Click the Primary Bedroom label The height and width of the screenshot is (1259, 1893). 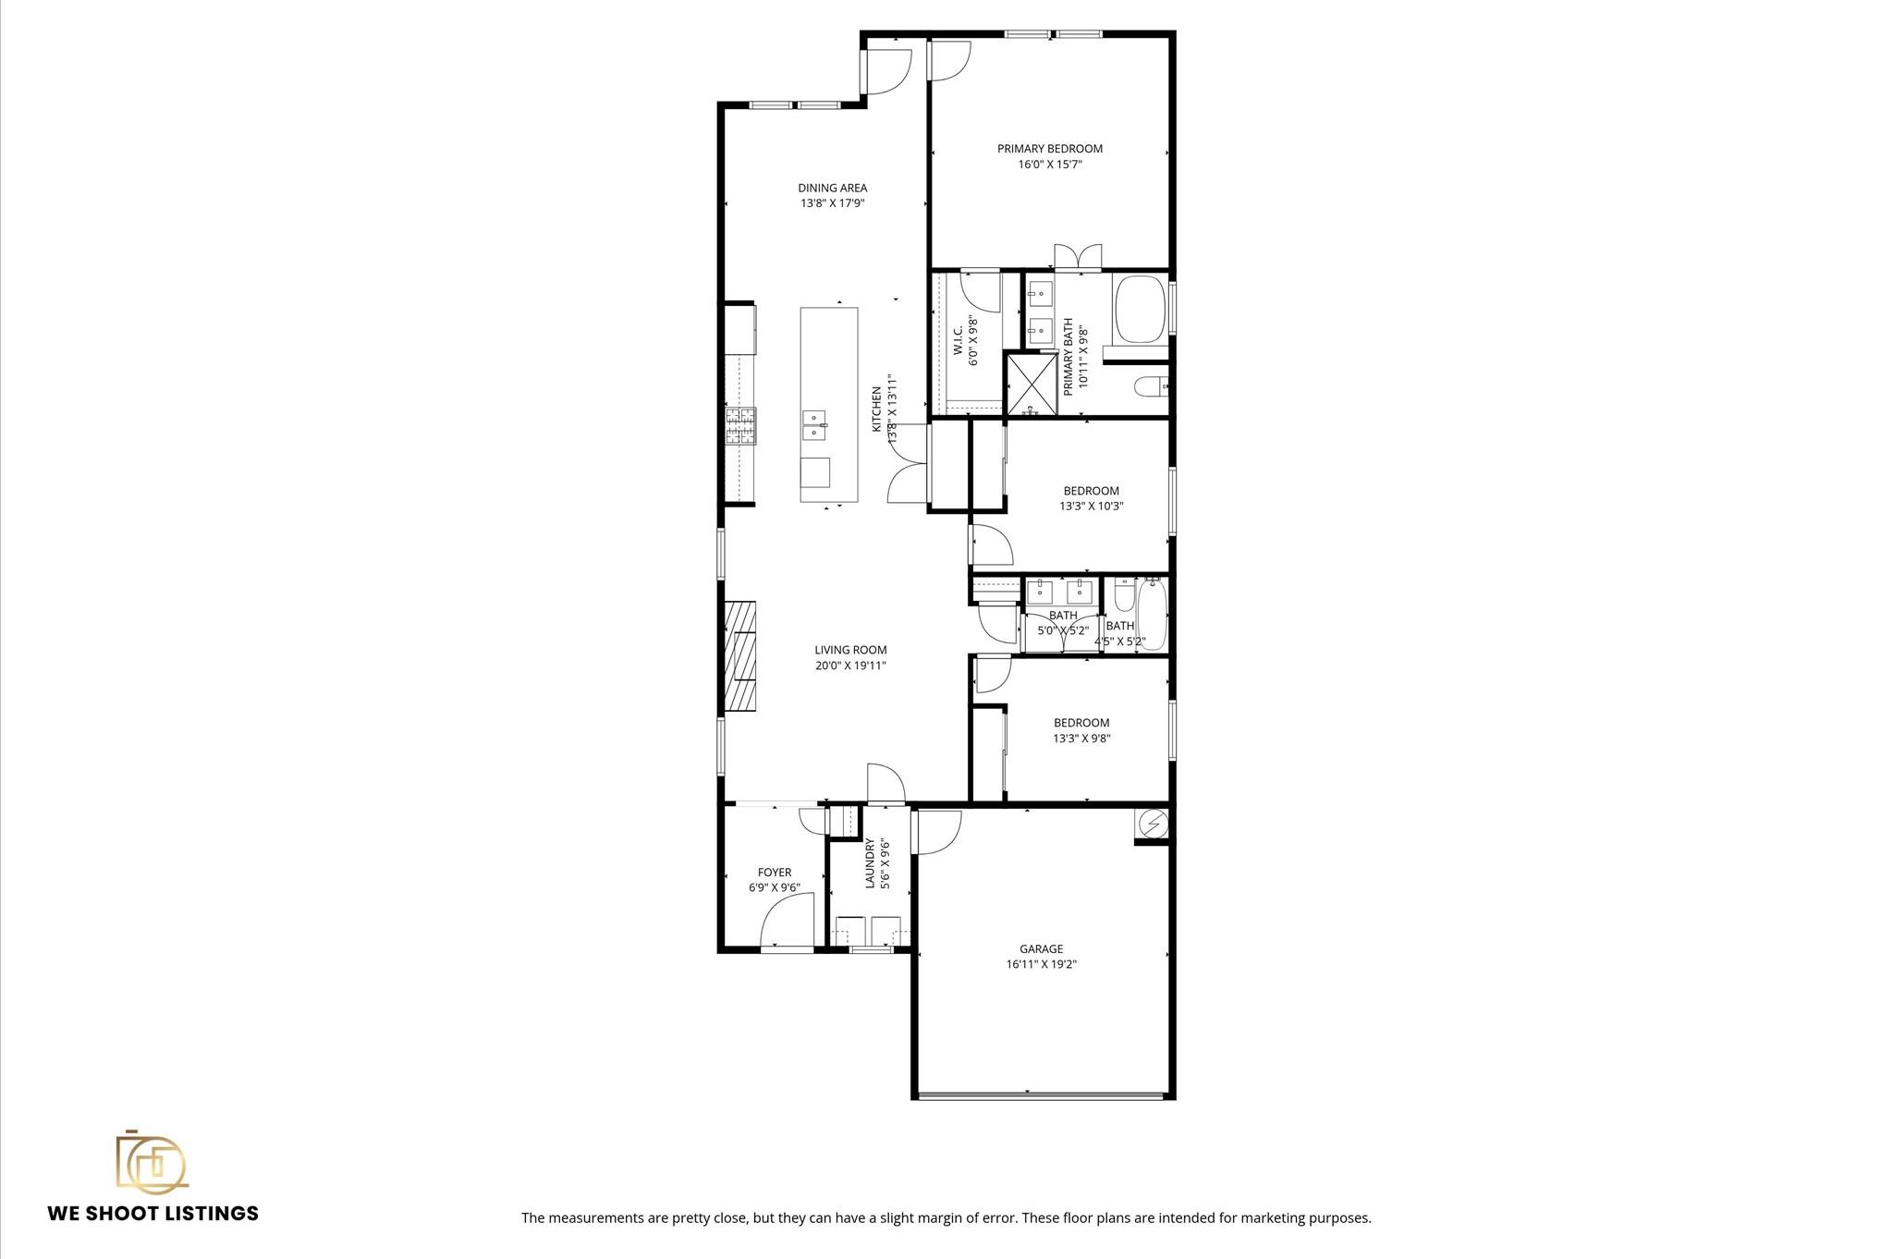(1049, 149)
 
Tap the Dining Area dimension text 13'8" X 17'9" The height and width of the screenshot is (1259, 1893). (832, 203)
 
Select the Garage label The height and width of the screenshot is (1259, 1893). (1041, 948)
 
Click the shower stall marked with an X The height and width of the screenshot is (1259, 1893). (1029, 384)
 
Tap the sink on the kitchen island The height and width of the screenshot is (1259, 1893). (167, 426)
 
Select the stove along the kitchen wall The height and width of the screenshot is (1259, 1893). (740, 426)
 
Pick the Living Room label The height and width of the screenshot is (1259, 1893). (850, 650)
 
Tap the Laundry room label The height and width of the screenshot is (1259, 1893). (870, 863)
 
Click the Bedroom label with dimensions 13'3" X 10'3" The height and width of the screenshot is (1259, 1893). (1091, 491)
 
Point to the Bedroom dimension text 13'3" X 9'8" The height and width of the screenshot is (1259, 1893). (1081, 739)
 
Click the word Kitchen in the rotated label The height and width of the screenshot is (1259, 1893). (877, 409)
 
